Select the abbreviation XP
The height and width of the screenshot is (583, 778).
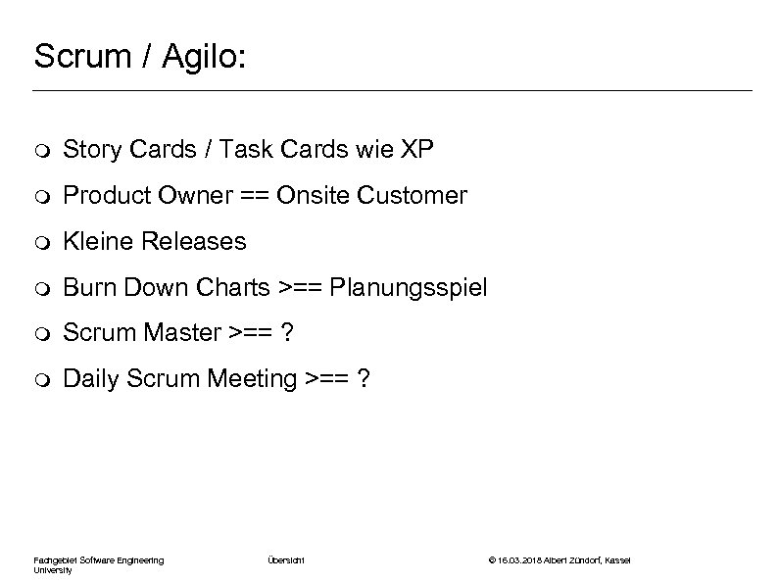click(x=414, y=149)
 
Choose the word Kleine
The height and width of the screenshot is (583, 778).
click(x=94, y=241)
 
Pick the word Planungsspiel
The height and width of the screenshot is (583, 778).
click(x=408, y=288)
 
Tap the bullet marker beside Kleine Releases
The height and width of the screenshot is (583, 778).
click(x=39, y=242)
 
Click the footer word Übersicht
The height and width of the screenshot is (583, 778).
click(x=286, y=559)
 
